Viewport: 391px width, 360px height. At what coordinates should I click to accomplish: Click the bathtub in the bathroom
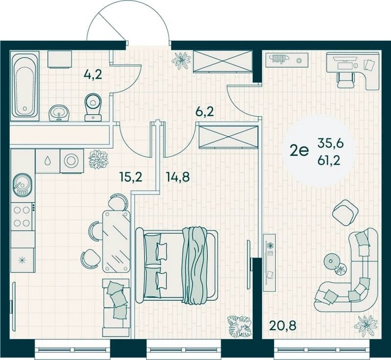click(x=25, y=86)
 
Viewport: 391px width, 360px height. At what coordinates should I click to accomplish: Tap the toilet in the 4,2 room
click(x=93, y=107)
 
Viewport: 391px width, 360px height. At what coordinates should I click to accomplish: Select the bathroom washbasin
click(x=59, y=113)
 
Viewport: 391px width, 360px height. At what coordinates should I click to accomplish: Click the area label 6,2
click(x=204, y=112)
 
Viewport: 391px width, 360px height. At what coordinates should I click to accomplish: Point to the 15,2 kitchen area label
click(x=131, y=177)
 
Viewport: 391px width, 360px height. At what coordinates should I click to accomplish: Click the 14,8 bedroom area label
click(x=177, y=177)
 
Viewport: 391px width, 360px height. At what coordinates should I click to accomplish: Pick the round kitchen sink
click(x=23, y=184)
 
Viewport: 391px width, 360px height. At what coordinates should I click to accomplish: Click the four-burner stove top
click(x=22, y=217)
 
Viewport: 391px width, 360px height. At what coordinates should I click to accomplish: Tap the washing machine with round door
click(x=72, y=161)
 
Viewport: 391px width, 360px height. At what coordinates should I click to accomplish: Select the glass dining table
click(x=116, y=241)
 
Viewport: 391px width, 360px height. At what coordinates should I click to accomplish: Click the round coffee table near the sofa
click(x=332, y=261)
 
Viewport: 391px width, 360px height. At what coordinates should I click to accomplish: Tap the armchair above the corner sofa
click(x=346, y=212)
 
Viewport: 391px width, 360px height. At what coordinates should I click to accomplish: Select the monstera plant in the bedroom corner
click(x=239, y=326)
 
